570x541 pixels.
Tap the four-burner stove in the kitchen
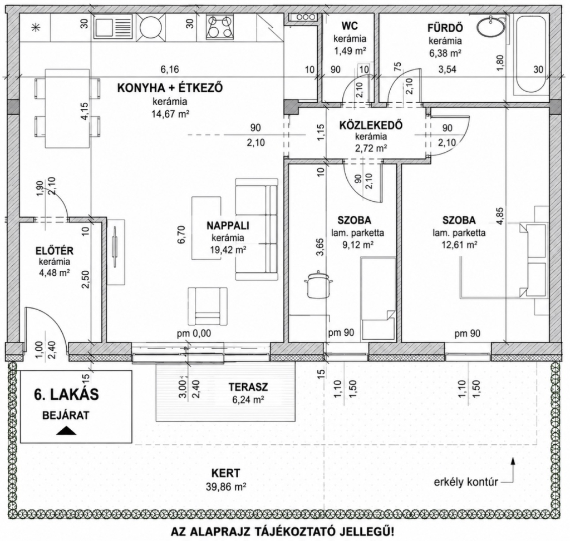[219, 27]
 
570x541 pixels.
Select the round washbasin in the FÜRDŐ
[490, 26]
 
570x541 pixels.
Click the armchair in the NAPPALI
[208, 306]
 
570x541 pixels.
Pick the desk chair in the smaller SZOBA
[318, 285]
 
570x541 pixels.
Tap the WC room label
[349, 26]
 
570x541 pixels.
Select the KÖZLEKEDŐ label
[371, 126]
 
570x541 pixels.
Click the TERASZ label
[248, 387]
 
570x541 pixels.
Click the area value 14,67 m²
[170, 115]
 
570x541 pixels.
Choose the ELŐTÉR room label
[55, 251]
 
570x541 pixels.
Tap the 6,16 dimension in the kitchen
[170, 69]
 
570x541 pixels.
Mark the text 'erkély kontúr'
[466, 483]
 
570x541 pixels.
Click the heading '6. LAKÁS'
[67, 395]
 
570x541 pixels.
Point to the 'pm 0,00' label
[194, 334]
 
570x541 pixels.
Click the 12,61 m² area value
[459, 245]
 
